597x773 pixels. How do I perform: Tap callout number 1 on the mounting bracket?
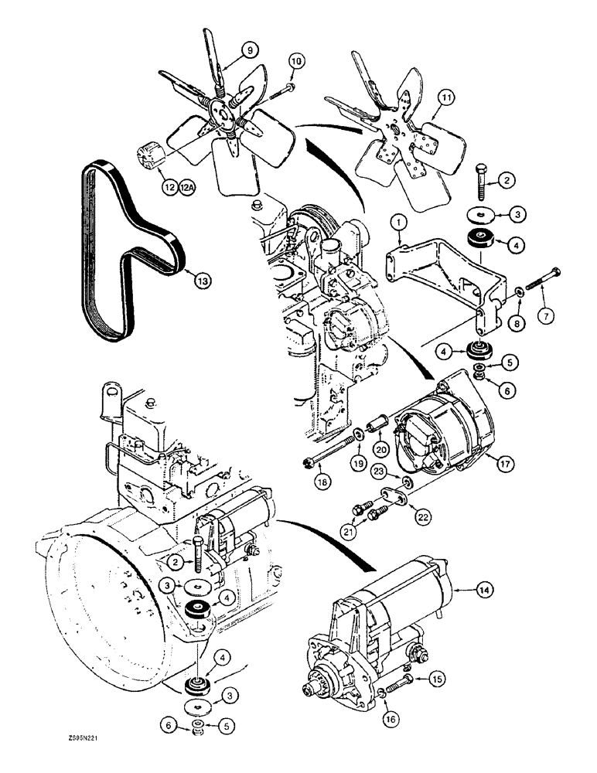[x=399, y=223]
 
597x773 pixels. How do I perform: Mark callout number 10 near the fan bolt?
[x=297, y=61]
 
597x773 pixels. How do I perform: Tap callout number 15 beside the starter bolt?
[x=438, y=679]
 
